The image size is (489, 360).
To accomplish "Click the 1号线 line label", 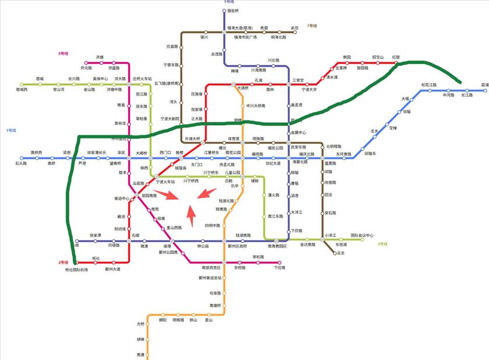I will click(x=12, y=129).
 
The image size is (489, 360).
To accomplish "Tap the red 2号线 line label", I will click(x=63, y=263).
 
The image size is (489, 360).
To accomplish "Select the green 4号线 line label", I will click(x=382, y=244).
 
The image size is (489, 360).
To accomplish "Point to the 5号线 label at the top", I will click(x=230, y=2).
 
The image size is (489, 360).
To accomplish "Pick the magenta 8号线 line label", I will click(x=63, y=54).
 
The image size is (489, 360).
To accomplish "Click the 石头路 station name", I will click(x=22, y=164).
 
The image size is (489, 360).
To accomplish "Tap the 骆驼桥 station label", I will click(x=232, y=11).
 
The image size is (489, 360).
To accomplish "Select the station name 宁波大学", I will click(x=309, y=90).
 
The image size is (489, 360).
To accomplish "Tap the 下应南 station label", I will click(x=280, y=268).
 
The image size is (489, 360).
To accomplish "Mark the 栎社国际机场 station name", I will click(x=76, y=269).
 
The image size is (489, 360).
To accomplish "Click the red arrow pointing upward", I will click(x=191, y=218).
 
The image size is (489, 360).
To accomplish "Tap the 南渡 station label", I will click(x=140, y=354).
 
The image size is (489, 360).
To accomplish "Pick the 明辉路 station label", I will click(x=178, y=320).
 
